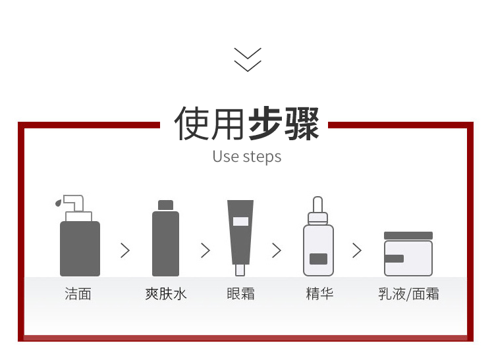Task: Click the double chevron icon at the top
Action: coord(248,59)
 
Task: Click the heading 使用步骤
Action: coord(247,123)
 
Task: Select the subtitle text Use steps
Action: coord(247,157)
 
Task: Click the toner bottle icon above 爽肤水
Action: coord(165,240)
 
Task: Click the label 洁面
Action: coord(78,294)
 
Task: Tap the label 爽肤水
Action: coord(166,294)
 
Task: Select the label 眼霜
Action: coord(240,294)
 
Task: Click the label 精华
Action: coord(319,294)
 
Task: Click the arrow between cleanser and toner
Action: coord(125,250)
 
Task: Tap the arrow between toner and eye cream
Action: coord(206,250)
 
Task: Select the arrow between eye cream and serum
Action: coord(277,250)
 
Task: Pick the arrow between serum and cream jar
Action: coord(357,250)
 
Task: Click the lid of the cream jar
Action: coord(408,236)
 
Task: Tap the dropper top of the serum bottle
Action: coord(318,205)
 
